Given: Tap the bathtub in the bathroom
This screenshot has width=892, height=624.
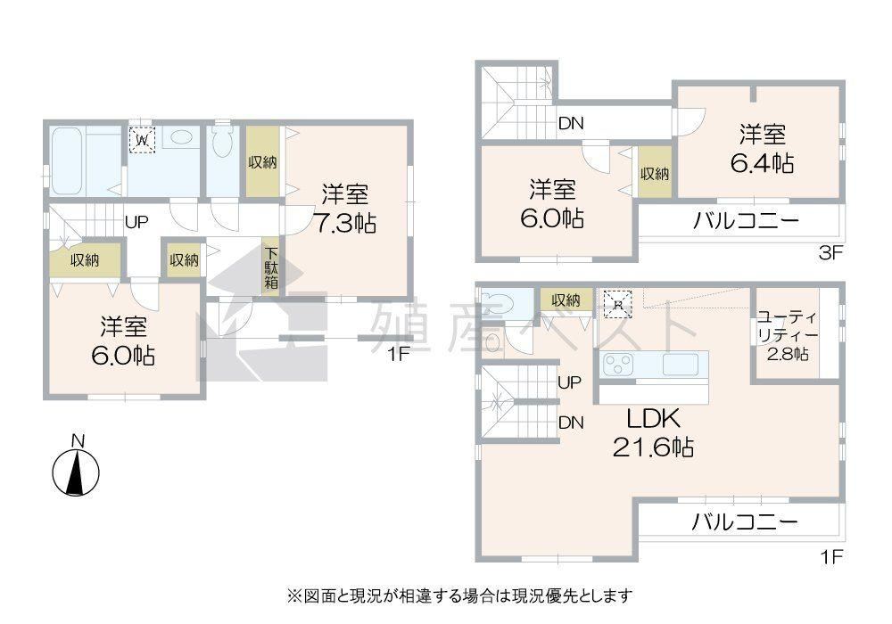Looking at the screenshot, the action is point(67,160).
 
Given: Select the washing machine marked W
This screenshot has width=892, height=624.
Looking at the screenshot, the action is point(142,139).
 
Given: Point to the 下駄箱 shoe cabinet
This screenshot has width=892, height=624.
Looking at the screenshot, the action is point(271,266).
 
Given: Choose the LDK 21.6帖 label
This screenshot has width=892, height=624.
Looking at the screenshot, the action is point(653,433).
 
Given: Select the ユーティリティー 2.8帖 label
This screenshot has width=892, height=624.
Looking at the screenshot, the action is point(788,335).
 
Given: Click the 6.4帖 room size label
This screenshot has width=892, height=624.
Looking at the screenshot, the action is point(763,164).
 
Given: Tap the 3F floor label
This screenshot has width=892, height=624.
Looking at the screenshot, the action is point(830,253).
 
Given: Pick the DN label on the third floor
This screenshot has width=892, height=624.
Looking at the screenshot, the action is point(571,123).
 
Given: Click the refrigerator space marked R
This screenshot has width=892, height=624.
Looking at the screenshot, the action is point(617,304).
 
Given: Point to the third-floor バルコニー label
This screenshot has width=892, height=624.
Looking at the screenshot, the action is point(745,220).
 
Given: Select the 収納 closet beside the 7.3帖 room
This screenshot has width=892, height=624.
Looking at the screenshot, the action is point(263,162).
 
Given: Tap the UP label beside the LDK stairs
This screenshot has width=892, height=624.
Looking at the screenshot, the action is point(569,382).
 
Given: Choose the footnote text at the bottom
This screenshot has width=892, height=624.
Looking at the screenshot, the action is point(459,595).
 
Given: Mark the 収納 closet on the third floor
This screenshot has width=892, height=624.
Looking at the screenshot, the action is point(655,173).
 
